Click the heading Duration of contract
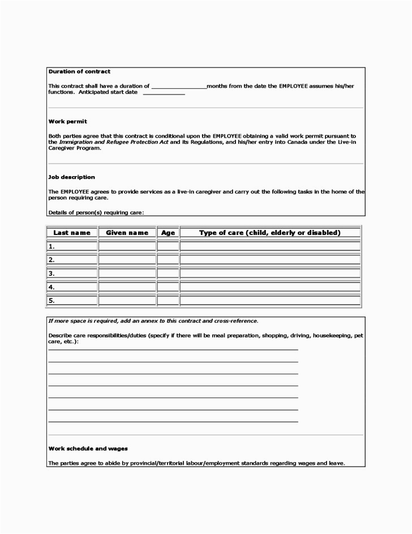(79, 72)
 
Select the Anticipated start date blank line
(164, 93)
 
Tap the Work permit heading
(67, 122)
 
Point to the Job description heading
(71, 177)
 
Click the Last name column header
(72, 233)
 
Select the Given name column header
(127, 233)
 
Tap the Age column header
(168, 233)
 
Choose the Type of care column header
(269, 233)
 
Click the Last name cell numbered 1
(72, 246)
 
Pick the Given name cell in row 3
(127, 274)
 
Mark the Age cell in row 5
(168, 301)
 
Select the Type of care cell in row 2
(269, 260)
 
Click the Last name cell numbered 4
(72, 287)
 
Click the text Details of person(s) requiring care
(96, 212)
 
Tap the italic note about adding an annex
(153, 321)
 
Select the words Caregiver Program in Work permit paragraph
(74, 148)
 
